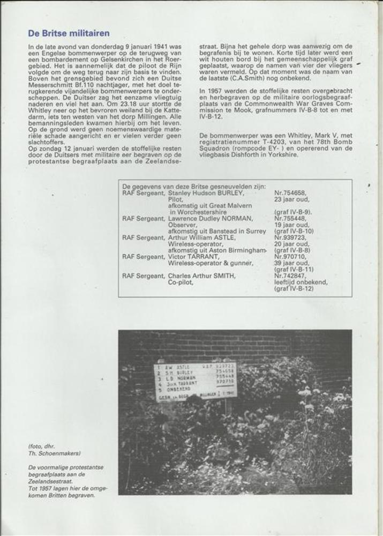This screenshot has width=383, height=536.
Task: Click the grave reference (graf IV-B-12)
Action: [x=294, y=289]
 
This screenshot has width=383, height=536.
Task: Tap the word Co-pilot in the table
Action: [x=181, y=282]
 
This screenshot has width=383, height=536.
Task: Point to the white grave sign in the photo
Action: [x=196, y=379]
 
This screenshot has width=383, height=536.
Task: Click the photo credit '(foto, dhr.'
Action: [x=42, y=446]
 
